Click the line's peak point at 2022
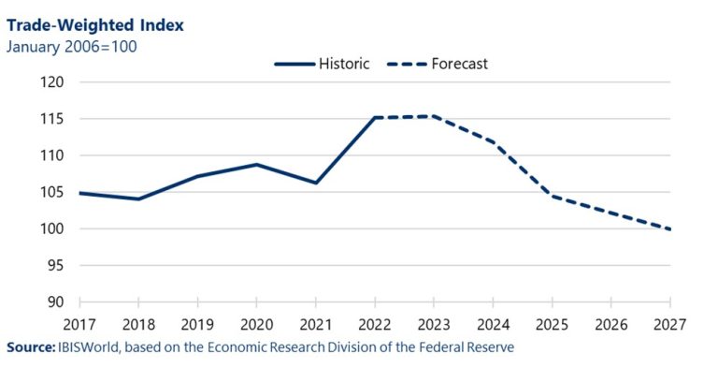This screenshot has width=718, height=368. click(375, 117)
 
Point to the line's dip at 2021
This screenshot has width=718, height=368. click(316, 183)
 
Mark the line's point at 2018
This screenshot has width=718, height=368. click(138, 199)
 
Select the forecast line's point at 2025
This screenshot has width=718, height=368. click(552, 196)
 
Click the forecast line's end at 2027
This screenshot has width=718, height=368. click(669, 228)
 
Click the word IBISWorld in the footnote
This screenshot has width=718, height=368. click(92, 347)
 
